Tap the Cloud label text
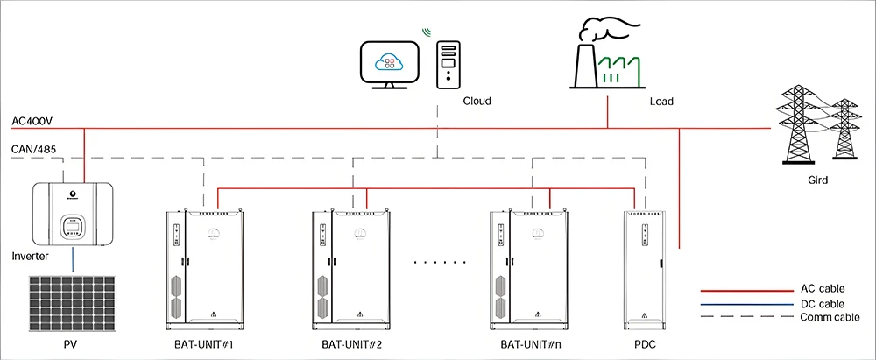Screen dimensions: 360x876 click(x=477, y=101)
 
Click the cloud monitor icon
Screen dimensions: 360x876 click(x=388, y=62)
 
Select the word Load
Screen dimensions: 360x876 click(x=661, y=101)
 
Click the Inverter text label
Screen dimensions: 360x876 click(x=31, y=256)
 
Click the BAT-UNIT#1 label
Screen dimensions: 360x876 click(x=202, y=343)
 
